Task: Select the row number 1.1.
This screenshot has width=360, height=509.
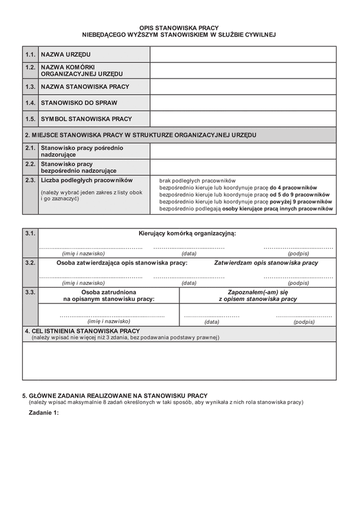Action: [31, 55]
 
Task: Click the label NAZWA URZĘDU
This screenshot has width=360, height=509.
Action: [65, 55]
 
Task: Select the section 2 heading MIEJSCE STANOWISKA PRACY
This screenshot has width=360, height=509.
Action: [141, 135]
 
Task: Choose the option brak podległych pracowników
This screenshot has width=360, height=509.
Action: [197, 180]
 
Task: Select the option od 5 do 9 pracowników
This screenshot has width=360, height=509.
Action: [244, 195]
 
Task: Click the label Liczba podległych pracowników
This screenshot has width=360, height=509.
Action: [86, 180]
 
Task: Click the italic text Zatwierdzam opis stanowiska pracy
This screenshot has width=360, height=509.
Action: [266, 263]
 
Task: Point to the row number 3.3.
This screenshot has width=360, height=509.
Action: [31, 292]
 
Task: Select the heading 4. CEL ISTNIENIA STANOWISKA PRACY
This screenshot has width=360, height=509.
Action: [82, 330]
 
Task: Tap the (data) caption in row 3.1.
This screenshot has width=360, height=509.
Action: [189, 253]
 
